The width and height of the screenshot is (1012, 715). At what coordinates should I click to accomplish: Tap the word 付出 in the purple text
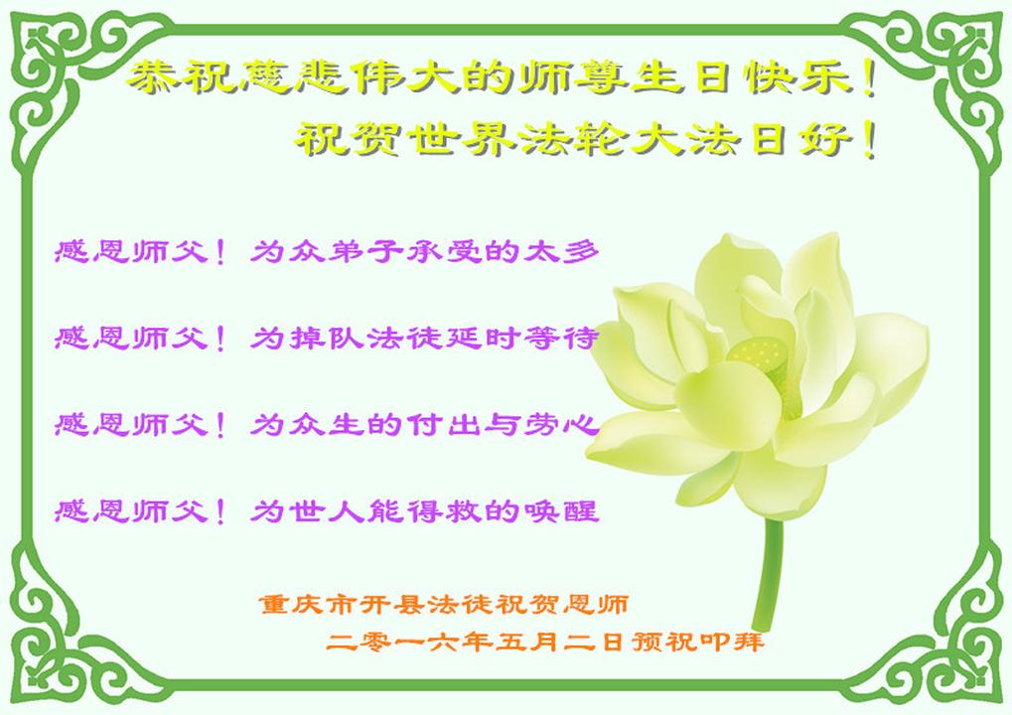[443, 425]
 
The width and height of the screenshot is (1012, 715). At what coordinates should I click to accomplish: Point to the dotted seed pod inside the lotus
[760, 355]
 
